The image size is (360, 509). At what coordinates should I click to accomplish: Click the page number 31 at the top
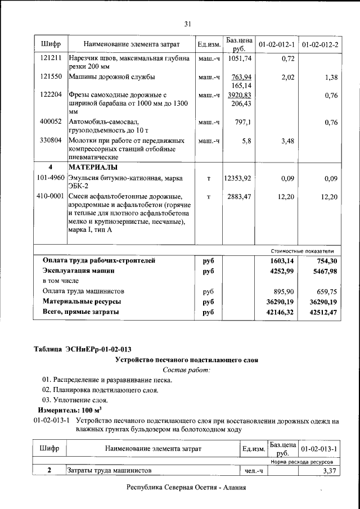click(x=188, y=23)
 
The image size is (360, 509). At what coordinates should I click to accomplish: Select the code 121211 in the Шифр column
click(x=51, y=58)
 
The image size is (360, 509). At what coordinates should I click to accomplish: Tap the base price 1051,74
click(x=239, y=58)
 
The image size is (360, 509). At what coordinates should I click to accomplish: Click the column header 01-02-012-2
click(x=319, y=44)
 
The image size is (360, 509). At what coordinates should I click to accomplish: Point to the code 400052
click(x=51, y=121)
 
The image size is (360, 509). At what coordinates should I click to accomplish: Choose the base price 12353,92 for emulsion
click(x=239, y=178)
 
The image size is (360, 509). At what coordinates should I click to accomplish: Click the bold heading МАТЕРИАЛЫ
click(x=93, y=168)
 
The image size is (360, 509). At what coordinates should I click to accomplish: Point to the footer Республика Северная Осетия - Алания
click(x=186, y=488)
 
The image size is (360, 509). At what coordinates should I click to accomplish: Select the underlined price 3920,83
click(x=239, y=95)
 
